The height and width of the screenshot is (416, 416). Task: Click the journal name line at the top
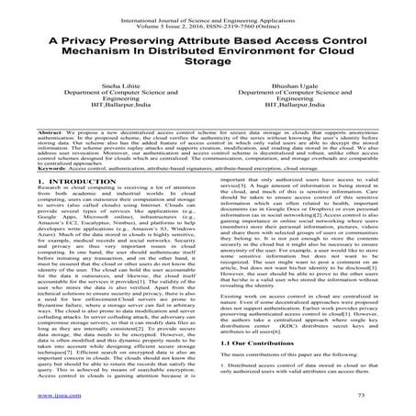[208, 11]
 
